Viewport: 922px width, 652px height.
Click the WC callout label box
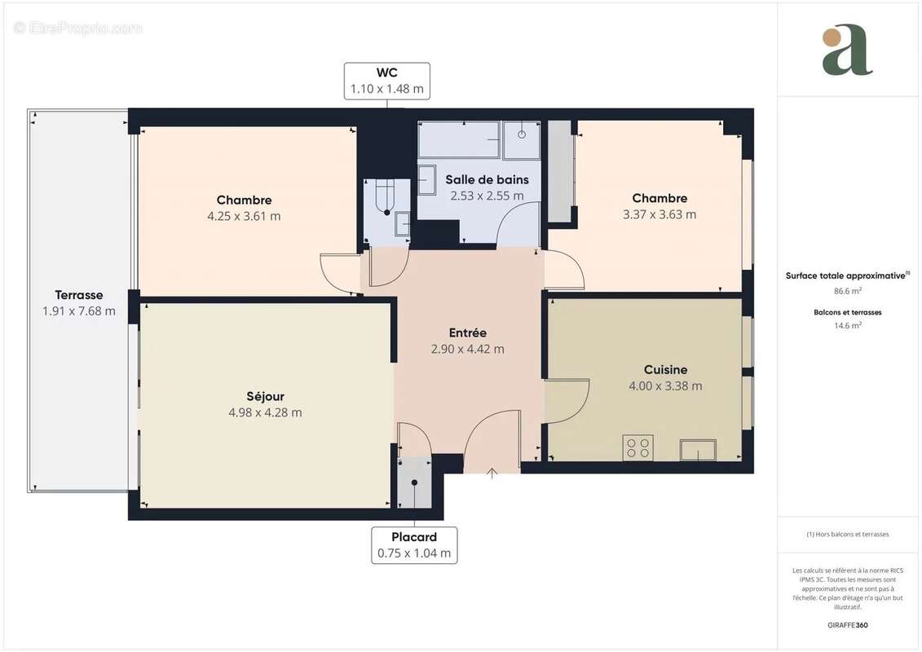386,81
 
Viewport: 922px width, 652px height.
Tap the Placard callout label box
414,545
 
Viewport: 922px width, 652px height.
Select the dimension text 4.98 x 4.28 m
265,412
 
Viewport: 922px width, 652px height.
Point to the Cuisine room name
665,369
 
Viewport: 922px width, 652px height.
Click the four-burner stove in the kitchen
637,447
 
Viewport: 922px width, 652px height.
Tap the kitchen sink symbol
698,450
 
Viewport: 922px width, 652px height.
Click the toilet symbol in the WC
383,195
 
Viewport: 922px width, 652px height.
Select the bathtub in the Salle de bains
459,140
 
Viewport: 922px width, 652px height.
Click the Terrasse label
79,295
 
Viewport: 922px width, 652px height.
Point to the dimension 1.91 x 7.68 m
79,311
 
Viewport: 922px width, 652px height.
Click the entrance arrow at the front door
492,473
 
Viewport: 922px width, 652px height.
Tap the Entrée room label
467,333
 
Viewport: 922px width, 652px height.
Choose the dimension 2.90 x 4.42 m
467,349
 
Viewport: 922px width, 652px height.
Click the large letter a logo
847,51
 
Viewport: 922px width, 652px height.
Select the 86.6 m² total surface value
847,290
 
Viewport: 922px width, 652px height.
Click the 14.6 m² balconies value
847,324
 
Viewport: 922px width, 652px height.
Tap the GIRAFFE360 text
847,626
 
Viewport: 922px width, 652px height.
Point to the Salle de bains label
487,179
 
